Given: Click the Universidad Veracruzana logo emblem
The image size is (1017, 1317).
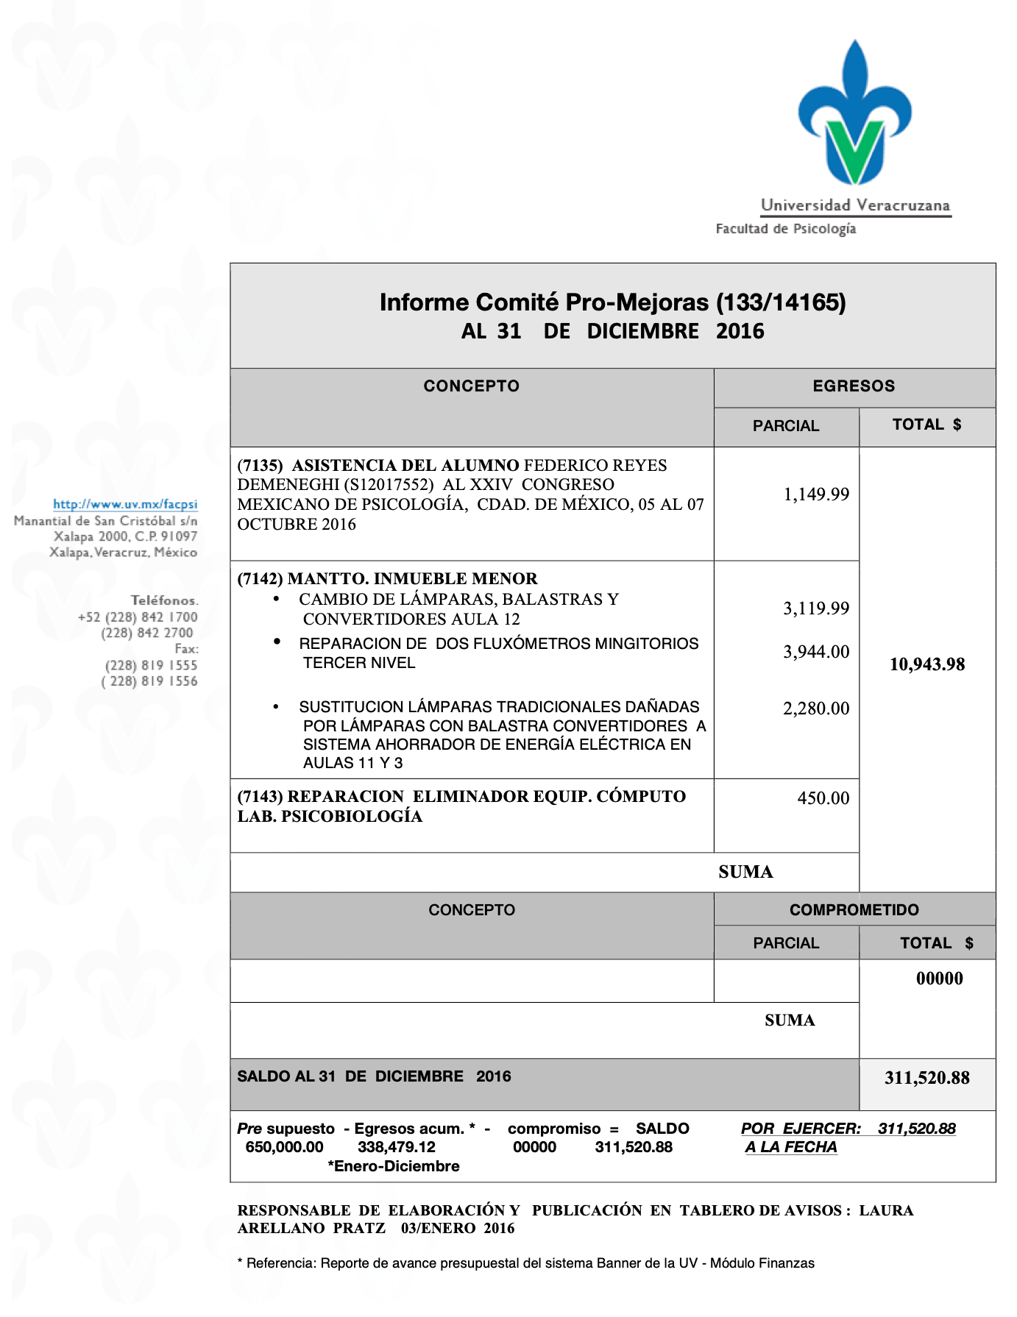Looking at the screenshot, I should pos(854,114).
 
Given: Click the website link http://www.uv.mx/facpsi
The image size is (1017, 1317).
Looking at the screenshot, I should pos(125,505).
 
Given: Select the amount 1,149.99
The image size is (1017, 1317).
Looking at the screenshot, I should pos(816,494).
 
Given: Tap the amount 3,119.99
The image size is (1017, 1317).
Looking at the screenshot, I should pos(816,608).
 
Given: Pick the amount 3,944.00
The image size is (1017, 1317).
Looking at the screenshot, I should pos(816,652).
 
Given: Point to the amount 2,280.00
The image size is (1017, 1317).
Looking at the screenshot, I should pos(816,709).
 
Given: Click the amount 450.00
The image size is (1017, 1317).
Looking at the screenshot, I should pos(823,798).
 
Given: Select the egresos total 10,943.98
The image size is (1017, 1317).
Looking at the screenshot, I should pos(927,664).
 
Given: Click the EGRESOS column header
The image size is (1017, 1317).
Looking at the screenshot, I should pos(854,386).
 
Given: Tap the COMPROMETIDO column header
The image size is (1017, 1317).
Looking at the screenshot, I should pos(854,910).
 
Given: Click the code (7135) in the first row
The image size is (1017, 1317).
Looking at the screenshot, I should pos(260,466).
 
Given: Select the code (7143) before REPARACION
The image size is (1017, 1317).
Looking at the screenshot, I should pos(260,797).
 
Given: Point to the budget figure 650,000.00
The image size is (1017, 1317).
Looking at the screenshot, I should pos(284,1147).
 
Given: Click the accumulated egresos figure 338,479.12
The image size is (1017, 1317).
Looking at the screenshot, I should pos(397,1147).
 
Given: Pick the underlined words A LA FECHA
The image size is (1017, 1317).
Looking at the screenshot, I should pos(791,1147).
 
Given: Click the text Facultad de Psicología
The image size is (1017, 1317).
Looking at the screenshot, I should pos(785,229).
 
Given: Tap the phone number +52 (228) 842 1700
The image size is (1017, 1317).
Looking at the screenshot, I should pos(138,617).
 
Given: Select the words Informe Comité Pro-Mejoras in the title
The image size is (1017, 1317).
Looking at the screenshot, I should pos(544,302).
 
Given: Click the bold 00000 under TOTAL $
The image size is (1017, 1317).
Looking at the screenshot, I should pos(939,979).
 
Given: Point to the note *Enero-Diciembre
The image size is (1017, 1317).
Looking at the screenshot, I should pos(394,1166).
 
